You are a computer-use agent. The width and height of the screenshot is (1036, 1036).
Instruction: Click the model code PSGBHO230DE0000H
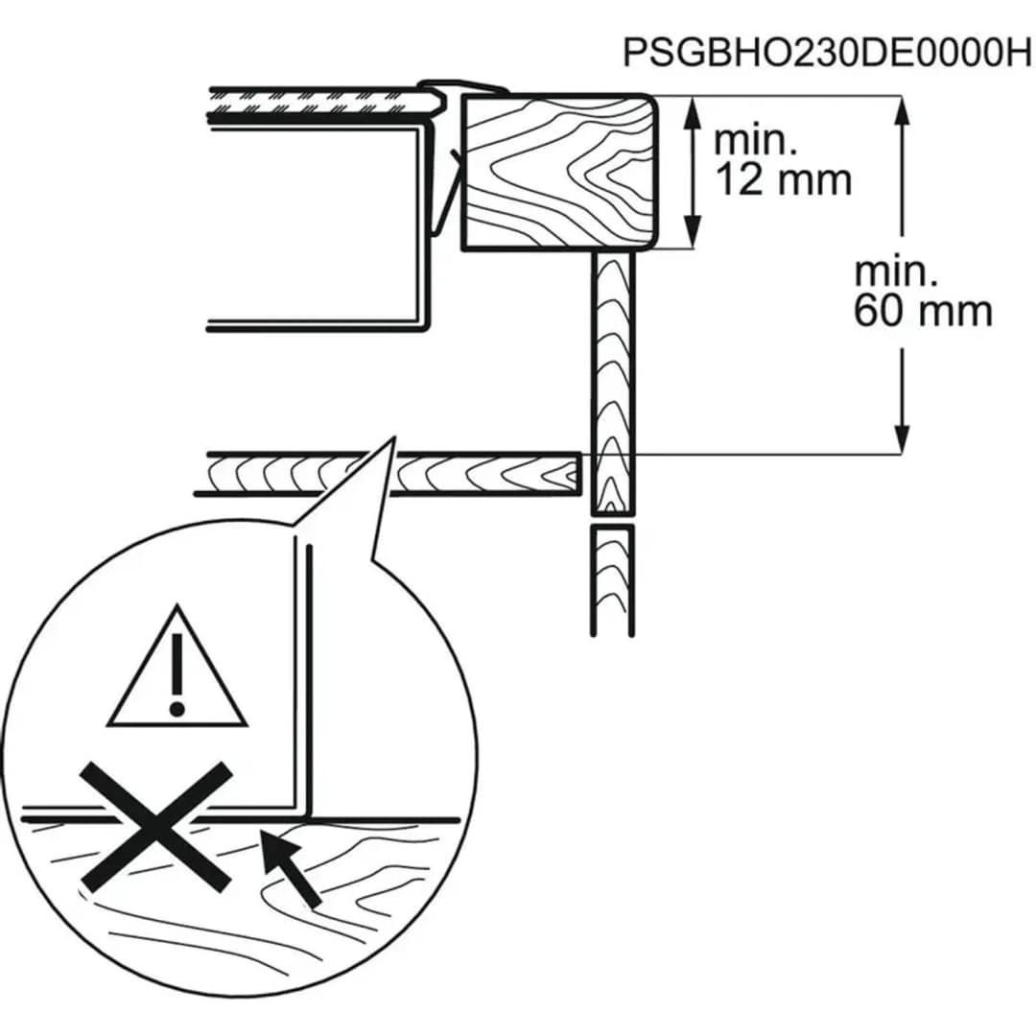coord(827,52)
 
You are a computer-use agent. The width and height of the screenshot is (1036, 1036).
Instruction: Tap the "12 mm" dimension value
coord(783,179)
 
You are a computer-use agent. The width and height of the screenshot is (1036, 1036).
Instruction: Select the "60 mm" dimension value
coord(923,311)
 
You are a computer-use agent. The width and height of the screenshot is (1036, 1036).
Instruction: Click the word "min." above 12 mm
coord(755,141)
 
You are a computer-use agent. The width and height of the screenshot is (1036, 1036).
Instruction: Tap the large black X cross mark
coord(156,826)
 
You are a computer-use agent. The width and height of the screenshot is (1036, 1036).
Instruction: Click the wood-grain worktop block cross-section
coord(559,173)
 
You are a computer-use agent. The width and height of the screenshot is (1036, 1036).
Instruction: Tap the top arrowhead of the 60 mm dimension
coord(902,112)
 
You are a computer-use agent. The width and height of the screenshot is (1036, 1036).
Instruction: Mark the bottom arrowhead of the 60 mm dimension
coord(902,437)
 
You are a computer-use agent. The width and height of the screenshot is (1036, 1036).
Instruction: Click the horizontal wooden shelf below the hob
coord(388,473)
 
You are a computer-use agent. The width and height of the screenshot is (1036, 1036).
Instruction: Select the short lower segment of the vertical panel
coord(612,580)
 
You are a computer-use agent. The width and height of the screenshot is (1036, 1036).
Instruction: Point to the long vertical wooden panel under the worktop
coord(612,383)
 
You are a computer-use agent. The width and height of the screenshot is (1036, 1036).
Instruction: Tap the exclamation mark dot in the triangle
coord(177,710)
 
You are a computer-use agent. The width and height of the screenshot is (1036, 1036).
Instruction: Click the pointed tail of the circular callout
coord(394,437)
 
